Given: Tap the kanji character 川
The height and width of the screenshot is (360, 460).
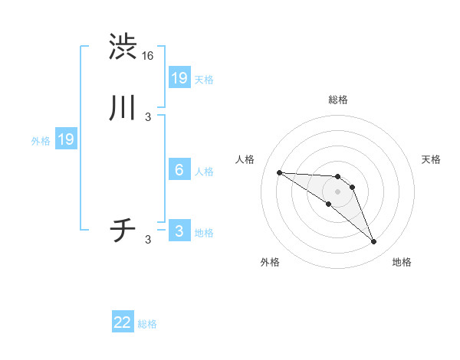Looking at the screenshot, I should click(123, 110).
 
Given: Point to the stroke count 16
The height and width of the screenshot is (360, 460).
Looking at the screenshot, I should click(149, 56).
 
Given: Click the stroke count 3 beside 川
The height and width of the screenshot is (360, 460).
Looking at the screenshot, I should click(148, 117).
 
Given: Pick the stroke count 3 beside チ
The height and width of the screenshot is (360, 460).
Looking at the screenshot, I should click(148, 240).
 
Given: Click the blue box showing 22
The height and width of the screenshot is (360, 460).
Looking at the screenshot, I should click(123, 322).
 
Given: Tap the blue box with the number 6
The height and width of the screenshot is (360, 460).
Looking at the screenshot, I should click(179, 170).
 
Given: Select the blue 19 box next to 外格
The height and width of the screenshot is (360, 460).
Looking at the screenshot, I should click(66, 139).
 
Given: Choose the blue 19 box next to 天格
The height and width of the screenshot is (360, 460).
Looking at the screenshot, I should click(179, 77).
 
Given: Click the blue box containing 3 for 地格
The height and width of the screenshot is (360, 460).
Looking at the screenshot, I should click(179, 231).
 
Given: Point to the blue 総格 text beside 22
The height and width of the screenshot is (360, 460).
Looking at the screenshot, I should click(147, 324).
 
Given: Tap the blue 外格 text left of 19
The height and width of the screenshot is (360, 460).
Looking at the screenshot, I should click(40, 141).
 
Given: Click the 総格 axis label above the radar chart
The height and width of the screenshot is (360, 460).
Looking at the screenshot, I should click(338, 100).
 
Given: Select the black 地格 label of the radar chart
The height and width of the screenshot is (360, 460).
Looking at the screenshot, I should click(402, 262).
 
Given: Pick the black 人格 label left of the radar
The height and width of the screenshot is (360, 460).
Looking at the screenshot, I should click(245, 159).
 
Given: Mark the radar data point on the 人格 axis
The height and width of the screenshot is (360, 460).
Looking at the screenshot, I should click(279, 172).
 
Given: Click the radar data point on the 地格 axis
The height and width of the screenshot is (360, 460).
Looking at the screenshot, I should click(374, 242).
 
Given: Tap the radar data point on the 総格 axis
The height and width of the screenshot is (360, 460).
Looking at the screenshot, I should click(338, 177).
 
